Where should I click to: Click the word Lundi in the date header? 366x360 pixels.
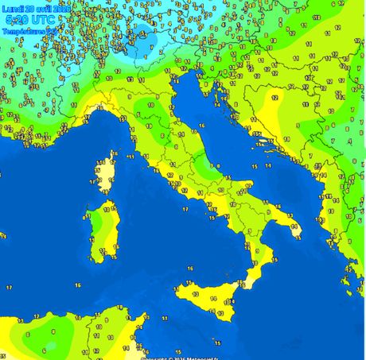pos(14,7)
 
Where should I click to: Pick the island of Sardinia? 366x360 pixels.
pos(99,230)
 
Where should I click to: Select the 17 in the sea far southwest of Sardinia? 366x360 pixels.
pos(9,287)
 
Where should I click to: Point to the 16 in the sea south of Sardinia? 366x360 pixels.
pos(77,284)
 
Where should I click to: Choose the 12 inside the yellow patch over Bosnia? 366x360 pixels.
pos(274,97)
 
